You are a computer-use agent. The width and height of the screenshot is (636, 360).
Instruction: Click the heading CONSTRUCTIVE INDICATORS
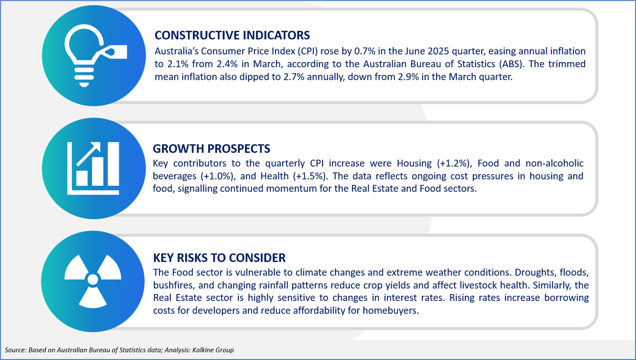pyautogui.click(x=232, y=35)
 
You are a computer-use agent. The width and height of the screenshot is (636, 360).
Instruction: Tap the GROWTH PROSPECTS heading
pyautogui.click(x=211, y=149)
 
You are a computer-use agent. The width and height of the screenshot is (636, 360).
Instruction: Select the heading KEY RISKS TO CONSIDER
pyautogui.click(x=219, y=258)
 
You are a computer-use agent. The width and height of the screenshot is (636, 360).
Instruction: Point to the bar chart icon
pyautogui.click(x=93, y=168)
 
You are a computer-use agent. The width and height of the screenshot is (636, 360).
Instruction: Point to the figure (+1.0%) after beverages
pyautogui.click(x=218, y=176)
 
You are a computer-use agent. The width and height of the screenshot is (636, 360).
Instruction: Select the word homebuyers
pyautogui.click(x=390, y=310)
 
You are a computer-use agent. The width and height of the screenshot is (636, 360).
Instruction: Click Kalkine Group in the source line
pyautogui.click(x=213, y=350)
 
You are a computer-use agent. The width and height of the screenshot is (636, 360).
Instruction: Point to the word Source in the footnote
pyautogui.click(x=15, y=350)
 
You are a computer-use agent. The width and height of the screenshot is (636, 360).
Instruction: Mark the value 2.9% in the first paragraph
pyautogui.click(x=408, y=77)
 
